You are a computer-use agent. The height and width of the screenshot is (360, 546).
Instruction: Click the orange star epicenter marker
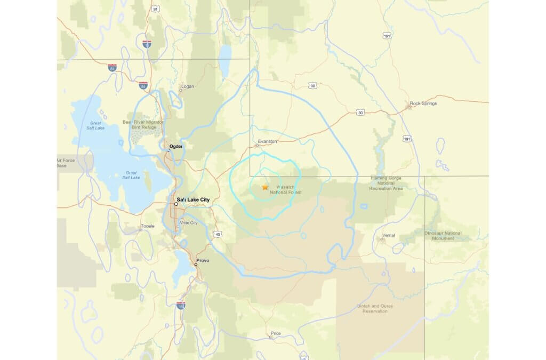pyautogui.click(x=265, y=187)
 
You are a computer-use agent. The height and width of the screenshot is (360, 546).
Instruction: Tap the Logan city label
pyautogui.click(x=188, y=86)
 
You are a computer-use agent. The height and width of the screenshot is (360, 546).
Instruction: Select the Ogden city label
pyautogui.click(x=176, y=146)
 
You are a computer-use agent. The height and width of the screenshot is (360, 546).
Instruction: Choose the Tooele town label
pyautogui.click(x=147, y=226)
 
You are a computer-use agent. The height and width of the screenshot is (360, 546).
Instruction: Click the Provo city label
pyautogui.click(x=203, y=260)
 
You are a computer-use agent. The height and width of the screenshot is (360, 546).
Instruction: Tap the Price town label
pyautogui.click(x=276, y=333)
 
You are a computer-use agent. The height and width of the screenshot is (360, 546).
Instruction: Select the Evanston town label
pyautogui.click(x=267, y=141)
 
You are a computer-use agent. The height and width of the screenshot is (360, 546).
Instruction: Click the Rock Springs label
pyautogui.click(x=423, y=103)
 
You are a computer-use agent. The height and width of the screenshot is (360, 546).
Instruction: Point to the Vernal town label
pyautogui.click(x=389, y=235)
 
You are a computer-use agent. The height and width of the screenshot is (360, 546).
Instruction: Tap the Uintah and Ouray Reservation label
pyautogui.click(x=374, y=308)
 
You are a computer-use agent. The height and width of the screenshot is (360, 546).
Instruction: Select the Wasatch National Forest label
pyautogui.click(x=290, y=190)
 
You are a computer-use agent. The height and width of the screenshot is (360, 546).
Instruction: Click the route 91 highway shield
pyautogui.click(x=155, y=9)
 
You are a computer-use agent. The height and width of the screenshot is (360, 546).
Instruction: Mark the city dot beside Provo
pyautogui.click(x=196, y=264)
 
